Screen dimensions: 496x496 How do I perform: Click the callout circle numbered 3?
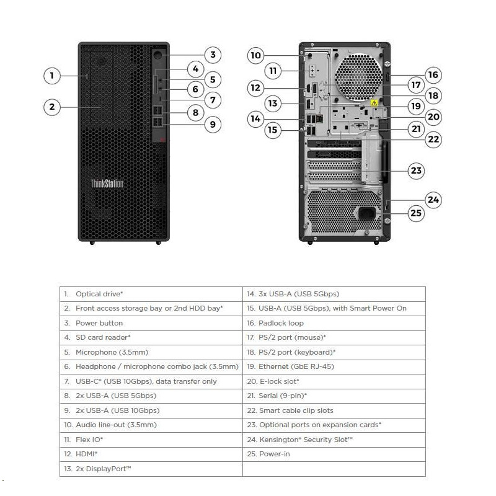point(213,55)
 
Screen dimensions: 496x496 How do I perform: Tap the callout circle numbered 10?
point(255,55)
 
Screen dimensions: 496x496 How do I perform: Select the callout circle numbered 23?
point(416,170)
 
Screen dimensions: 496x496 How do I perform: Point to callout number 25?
point(416,213)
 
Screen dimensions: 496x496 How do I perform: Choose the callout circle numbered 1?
point(52,76)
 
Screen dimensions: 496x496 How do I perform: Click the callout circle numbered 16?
point(433,75)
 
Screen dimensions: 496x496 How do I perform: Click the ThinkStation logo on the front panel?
point(107,184)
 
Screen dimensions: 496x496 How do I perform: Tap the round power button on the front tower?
point(157,56)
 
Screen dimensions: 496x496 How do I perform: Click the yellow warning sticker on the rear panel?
point(374,103)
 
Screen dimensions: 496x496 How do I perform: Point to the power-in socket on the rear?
point(367,213)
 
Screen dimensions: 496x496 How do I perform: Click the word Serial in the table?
point(268,396)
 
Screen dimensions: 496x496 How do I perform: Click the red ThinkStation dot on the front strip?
point(162,139)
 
